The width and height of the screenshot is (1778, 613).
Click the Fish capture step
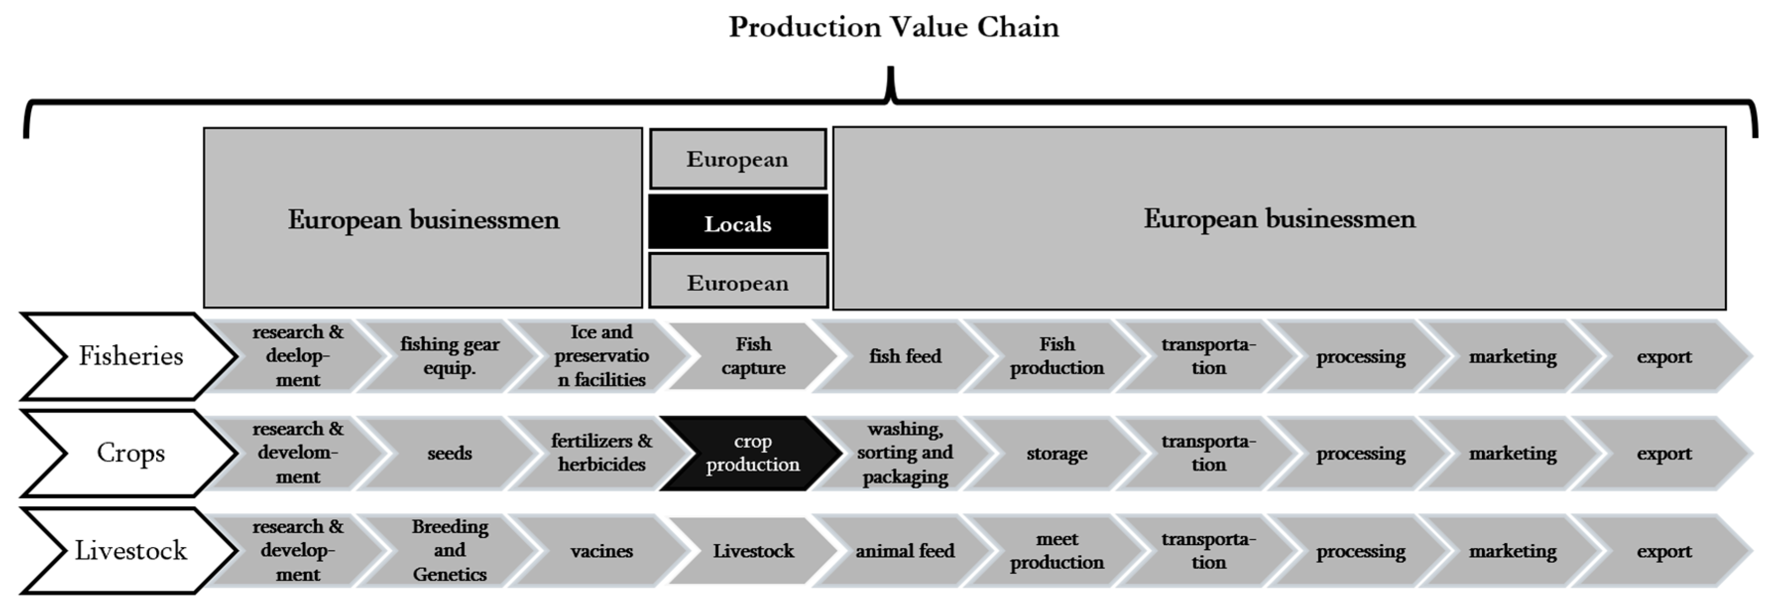pyautogui.click(x=752, y=356)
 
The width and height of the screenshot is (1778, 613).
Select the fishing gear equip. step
pyautogui.click(x=449, y=356)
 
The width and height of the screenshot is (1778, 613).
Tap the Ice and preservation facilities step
pyautogui.click(x=601, y=356)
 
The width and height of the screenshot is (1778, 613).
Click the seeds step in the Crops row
pyautogui.click(x=449, y=453)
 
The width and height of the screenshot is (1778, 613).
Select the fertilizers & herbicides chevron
pyautogui.click(x=601, y=453)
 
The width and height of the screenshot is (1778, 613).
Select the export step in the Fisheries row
pyautogui.click(x=1663, y=356)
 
